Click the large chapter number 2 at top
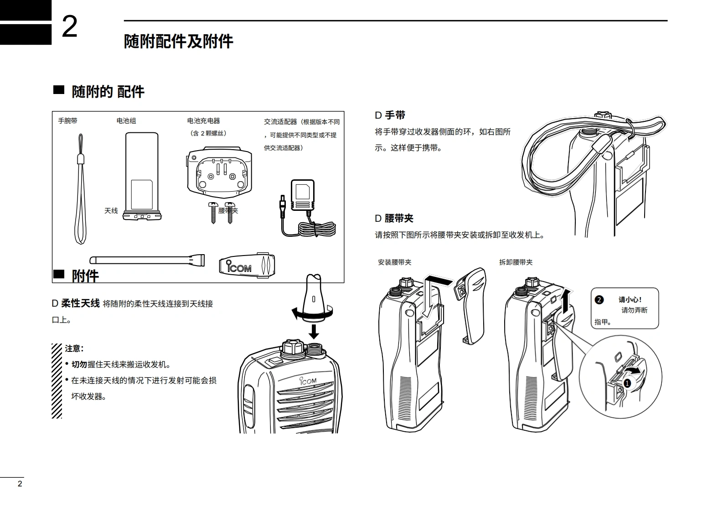(70, 27)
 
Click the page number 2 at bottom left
(20, 484)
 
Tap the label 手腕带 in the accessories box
(67, 121)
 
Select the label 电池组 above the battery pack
(126, 121)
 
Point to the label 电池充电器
(203, 121)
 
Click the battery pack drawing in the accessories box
(142, 176)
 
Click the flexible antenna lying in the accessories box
(146, 261)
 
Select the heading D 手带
(390, 115)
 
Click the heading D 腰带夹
(394, 219)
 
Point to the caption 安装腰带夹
(394, 262)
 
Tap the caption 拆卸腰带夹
(516, 262)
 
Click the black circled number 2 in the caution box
(599, 300)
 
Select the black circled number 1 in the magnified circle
(627, 383)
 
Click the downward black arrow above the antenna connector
(314, 331)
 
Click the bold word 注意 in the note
(73, 349)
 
